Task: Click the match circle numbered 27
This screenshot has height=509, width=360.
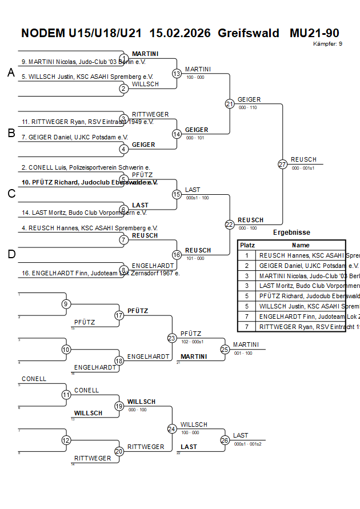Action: pos(282,164)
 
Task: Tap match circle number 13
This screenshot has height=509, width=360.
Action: pos(177,73)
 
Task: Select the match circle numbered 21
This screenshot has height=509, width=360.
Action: pos(230,103)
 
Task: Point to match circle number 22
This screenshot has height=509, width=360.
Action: pos(230,225)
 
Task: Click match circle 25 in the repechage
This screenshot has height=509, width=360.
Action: pos(225,349)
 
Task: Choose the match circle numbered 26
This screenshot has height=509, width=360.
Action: pos(225,440)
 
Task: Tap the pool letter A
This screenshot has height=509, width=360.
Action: pos(11,73)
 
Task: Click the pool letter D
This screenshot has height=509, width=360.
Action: pos(11,254)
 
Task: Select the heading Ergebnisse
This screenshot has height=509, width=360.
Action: pos(291,233)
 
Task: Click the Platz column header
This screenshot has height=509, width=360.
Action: pos(247,245)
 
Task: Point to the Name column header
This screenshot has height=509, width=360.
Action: pos(301,245)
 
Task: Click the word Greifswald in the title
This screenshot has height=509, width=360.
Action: pos(248,33)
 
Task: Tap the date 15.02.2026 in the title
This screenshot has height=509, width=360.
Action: pos(182,33)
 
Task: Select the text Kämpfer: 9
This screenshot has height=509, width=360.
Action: pos(328,43)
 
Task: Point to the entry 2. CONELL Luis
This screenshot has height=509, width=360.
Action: pos(86,167)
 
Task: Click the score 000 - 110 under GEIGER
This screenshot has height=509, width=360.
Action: pos(247,107)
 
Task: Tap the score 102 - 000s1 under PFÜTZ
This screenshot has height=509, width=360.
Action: pos(193,342)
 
